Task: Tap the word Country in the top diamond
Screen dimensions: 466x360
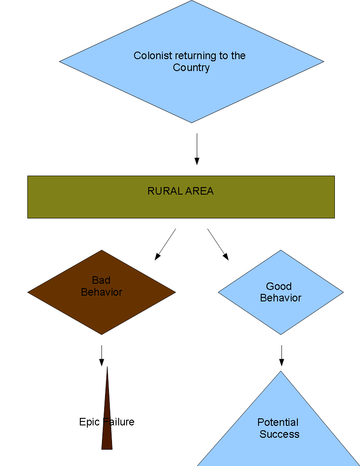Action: tap(191, 68)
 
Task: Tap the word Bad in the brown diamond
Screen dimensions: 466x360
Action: tap(101, 280)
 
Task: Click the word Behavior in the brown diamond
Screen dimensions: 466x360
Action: tap(101, 292)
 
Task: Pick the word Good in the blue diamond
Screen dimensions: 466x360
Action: tap(279, 286)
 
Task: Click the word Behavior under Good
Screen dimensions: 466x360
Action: tap(281, 298)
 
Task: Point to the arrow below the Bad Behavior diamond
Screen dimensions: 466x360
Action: tap(101, 355)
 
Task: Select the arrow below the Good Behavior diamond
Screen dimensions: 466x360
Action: tap(281, 355)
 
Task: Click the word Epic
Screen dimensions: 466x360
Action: tap(90, 422)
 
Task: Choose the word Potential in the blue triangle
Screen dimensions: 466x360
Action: tap(278, 422)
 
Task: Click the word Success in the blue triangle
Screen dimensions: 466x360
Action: tap(279, 434)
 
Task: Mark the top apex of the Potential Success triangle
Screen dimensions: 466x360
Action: tap(281, 372)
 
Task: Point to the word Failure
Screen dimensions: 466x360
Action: tap(119, 422)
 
